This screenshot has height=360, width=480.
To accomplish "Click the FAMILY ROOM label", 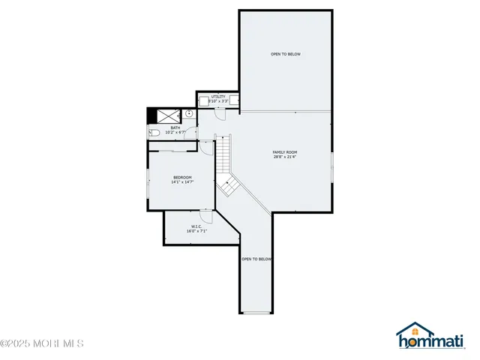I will [285, 152].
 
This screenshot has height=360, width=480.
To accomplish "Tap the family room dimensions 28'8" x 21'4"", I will [285, 157].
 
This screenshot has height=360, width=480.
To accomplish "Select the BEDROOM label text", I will [183, 177].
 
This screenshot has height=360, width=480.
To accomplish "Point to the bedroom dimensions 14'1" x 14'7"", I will [183, 182].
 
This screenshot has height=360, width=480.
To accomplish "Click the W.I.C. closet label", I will [196, 226].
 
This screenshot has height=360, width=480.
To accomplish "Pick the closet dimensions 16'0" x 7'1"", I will [196, 231].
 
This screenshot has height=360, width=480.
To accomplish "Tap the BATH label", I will [175, 127].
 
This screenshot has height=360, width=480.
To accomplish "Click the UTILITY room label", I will [218, 96].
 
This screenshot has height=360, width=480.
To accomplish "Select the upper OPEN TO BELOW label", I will [286, 54].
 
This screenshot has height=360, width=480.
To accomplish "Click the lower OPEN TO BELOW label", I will [256, 259].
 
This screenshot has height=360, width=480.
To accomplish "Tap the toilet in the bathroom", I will [154, 133].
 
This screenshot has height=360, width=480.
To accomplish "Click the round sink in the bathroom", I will [190, 115].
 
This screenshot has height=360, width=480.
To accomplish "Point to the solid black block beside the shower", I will [151, 115].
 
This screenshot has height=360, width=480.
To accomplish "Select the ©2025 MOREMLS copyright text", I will [42, 343].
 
